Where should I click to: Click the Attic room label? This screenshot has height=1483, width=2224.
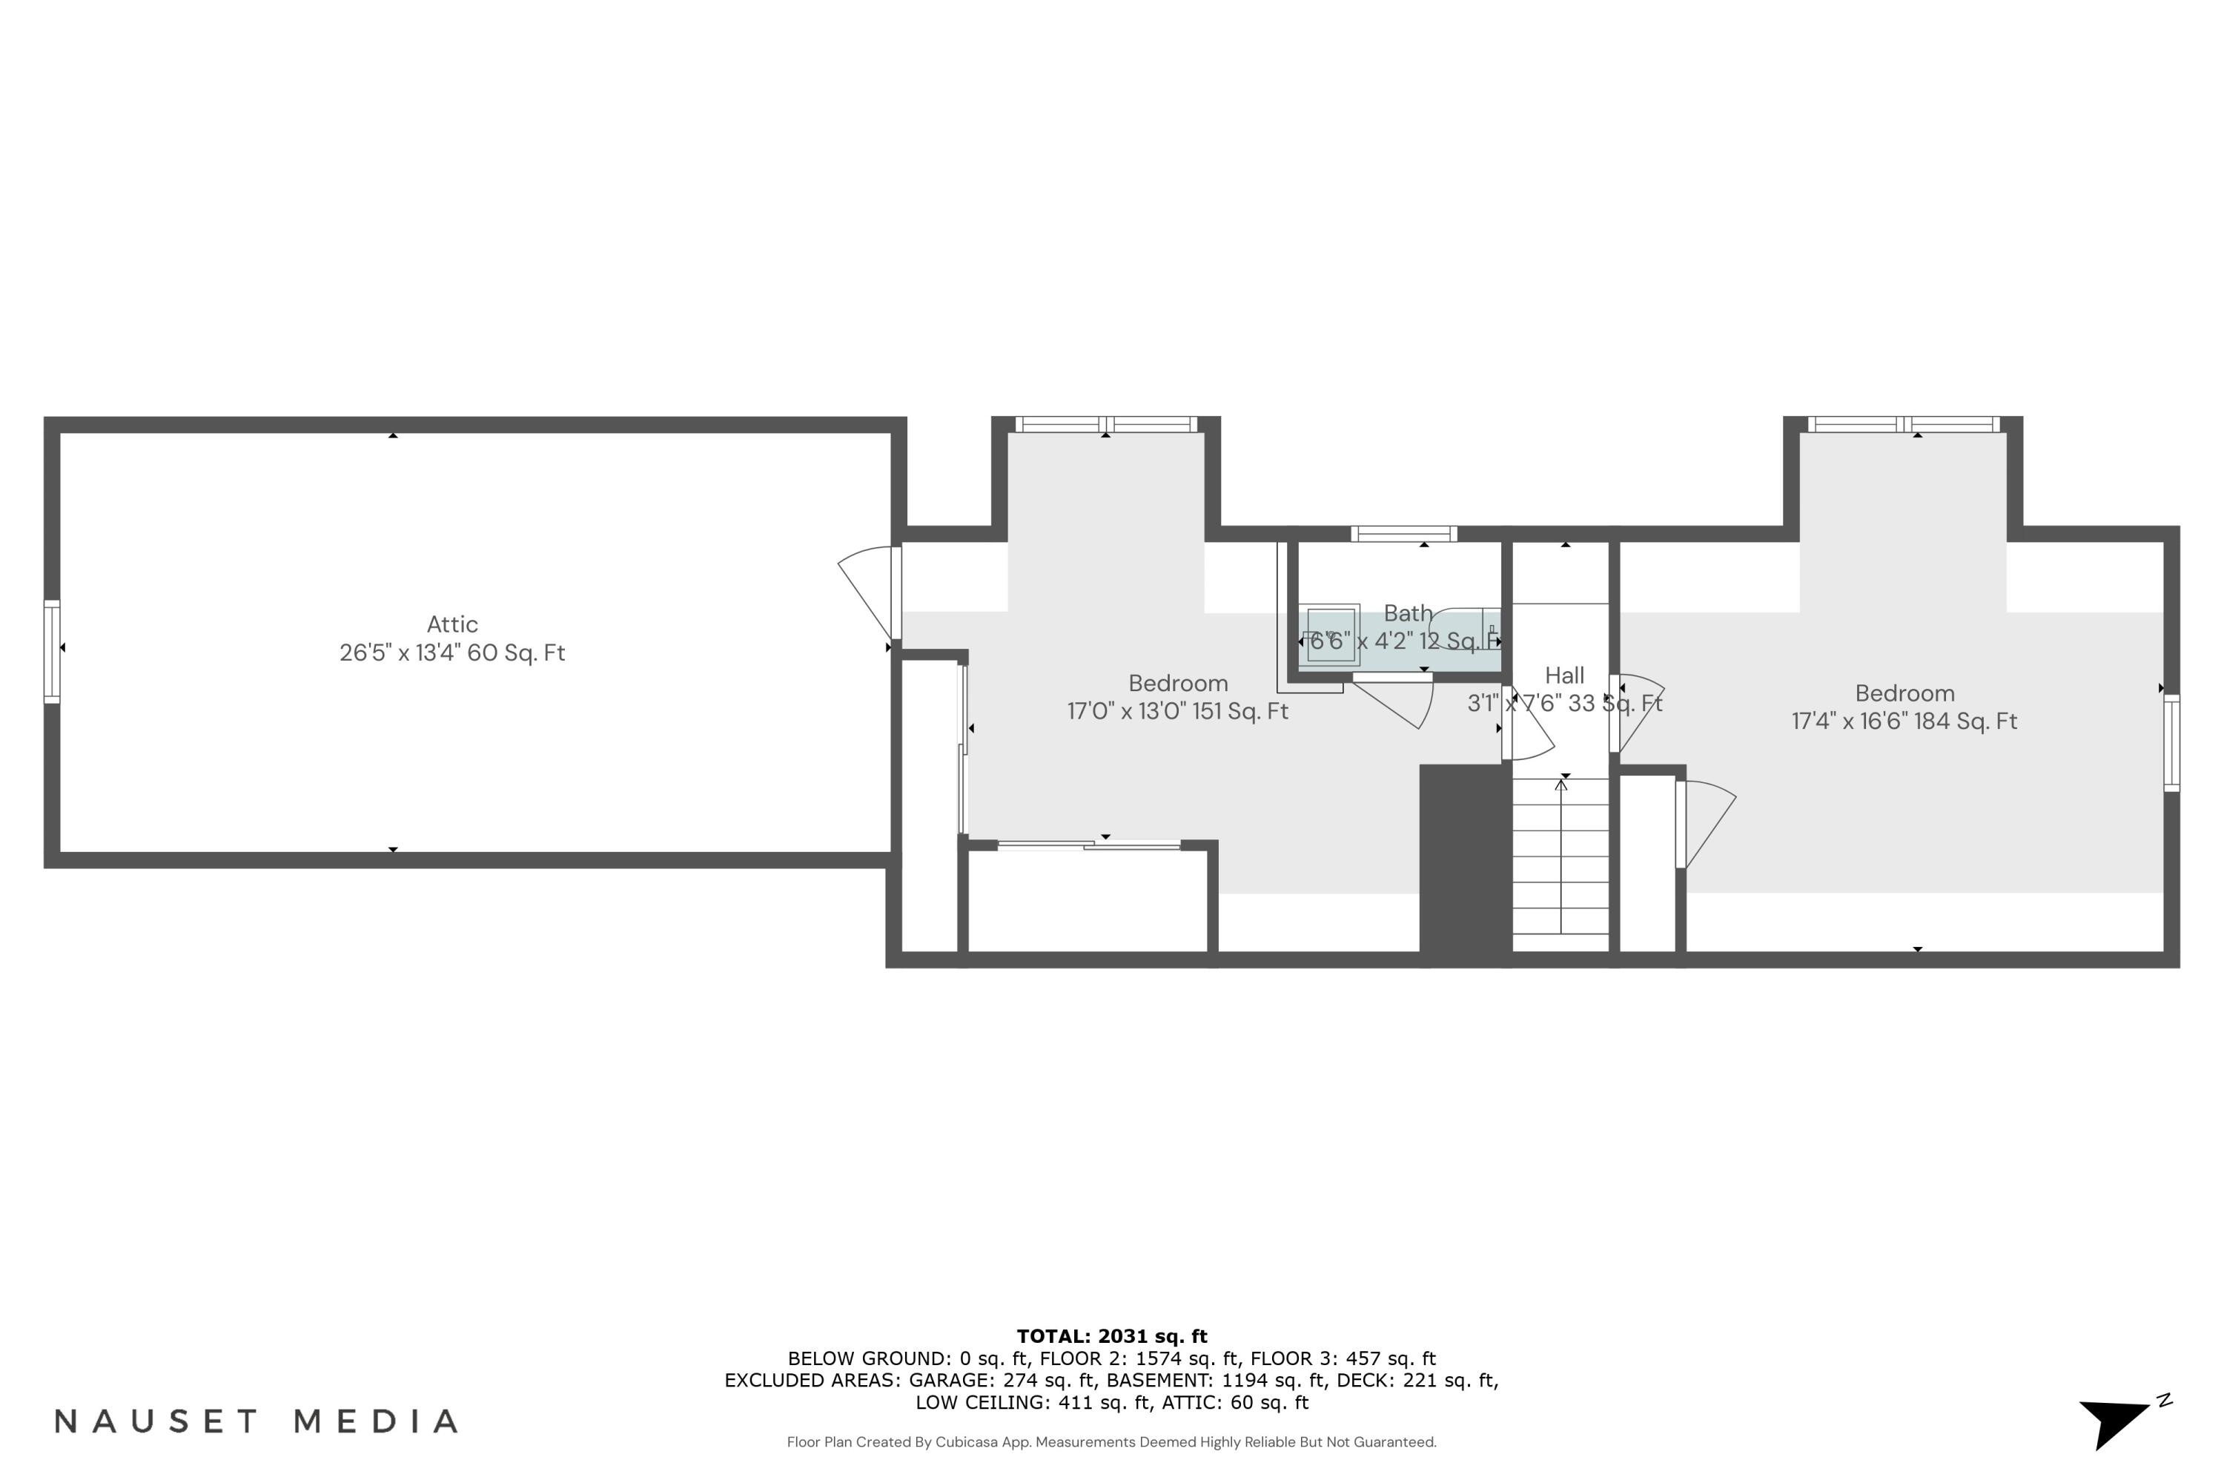452,624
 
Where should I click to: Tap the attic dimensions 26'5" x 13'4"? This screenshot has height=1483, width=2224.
452,653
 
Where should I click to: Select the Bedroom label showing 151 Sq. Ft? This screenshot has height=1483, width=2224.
1177,683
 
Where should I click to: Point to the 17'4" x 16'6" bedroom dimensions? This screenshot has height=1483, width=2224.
1904,721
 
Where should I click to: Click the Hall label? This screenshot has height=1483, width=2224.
1564,676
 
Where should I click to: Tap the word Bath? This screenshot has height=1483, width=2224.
1407,613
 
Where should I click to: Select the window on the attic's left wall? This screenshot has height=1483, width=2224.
52,652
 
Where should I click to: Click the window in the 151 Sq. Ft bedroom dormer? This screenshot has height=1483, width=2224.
1105,425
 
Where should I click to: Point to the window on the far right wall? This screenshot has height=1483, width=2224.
2172,742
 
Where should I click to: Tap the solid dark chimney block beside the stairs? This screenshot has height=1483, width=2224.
1465,862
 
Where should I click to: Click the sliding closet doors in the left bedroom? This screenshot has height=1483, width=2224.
1088,845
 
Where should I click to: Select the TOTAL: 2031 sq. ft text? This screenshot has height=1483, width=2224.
1111,1336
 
